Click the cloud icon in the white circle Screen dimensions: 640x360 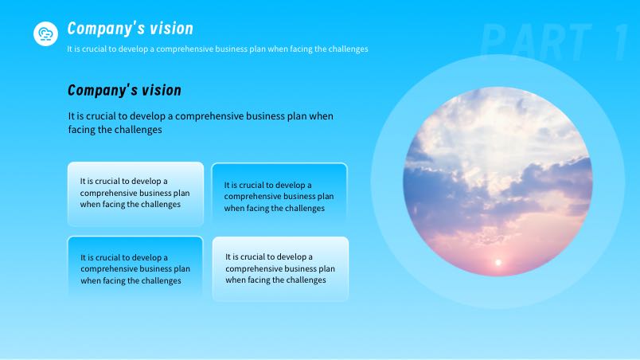pyautogui.click(x=45, y=34)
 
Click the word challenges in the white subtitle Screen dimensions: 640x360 pyautogui.click(x=348, y=49)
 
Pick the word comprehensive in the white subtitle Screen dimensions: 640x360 pyautogui.click(x=185, y=49)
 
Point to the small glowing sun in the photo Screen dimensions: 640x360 pyautogui.click(x=498, y=263)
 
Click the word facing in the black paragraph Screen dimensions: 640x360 pyautogui.click(x=81, y=130)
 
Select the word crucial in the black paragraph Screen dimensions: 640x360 pyautogui.click(x=101, y=116)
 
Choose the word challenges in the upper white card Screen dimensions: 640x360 pyautogui.click(x=161, y=204)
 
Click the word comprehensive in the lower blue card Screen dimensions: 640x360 pyautogui.click(x=108, y=269)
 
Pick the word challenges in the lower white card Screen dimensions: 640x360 pyautogui.click(x=306, y=280)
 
